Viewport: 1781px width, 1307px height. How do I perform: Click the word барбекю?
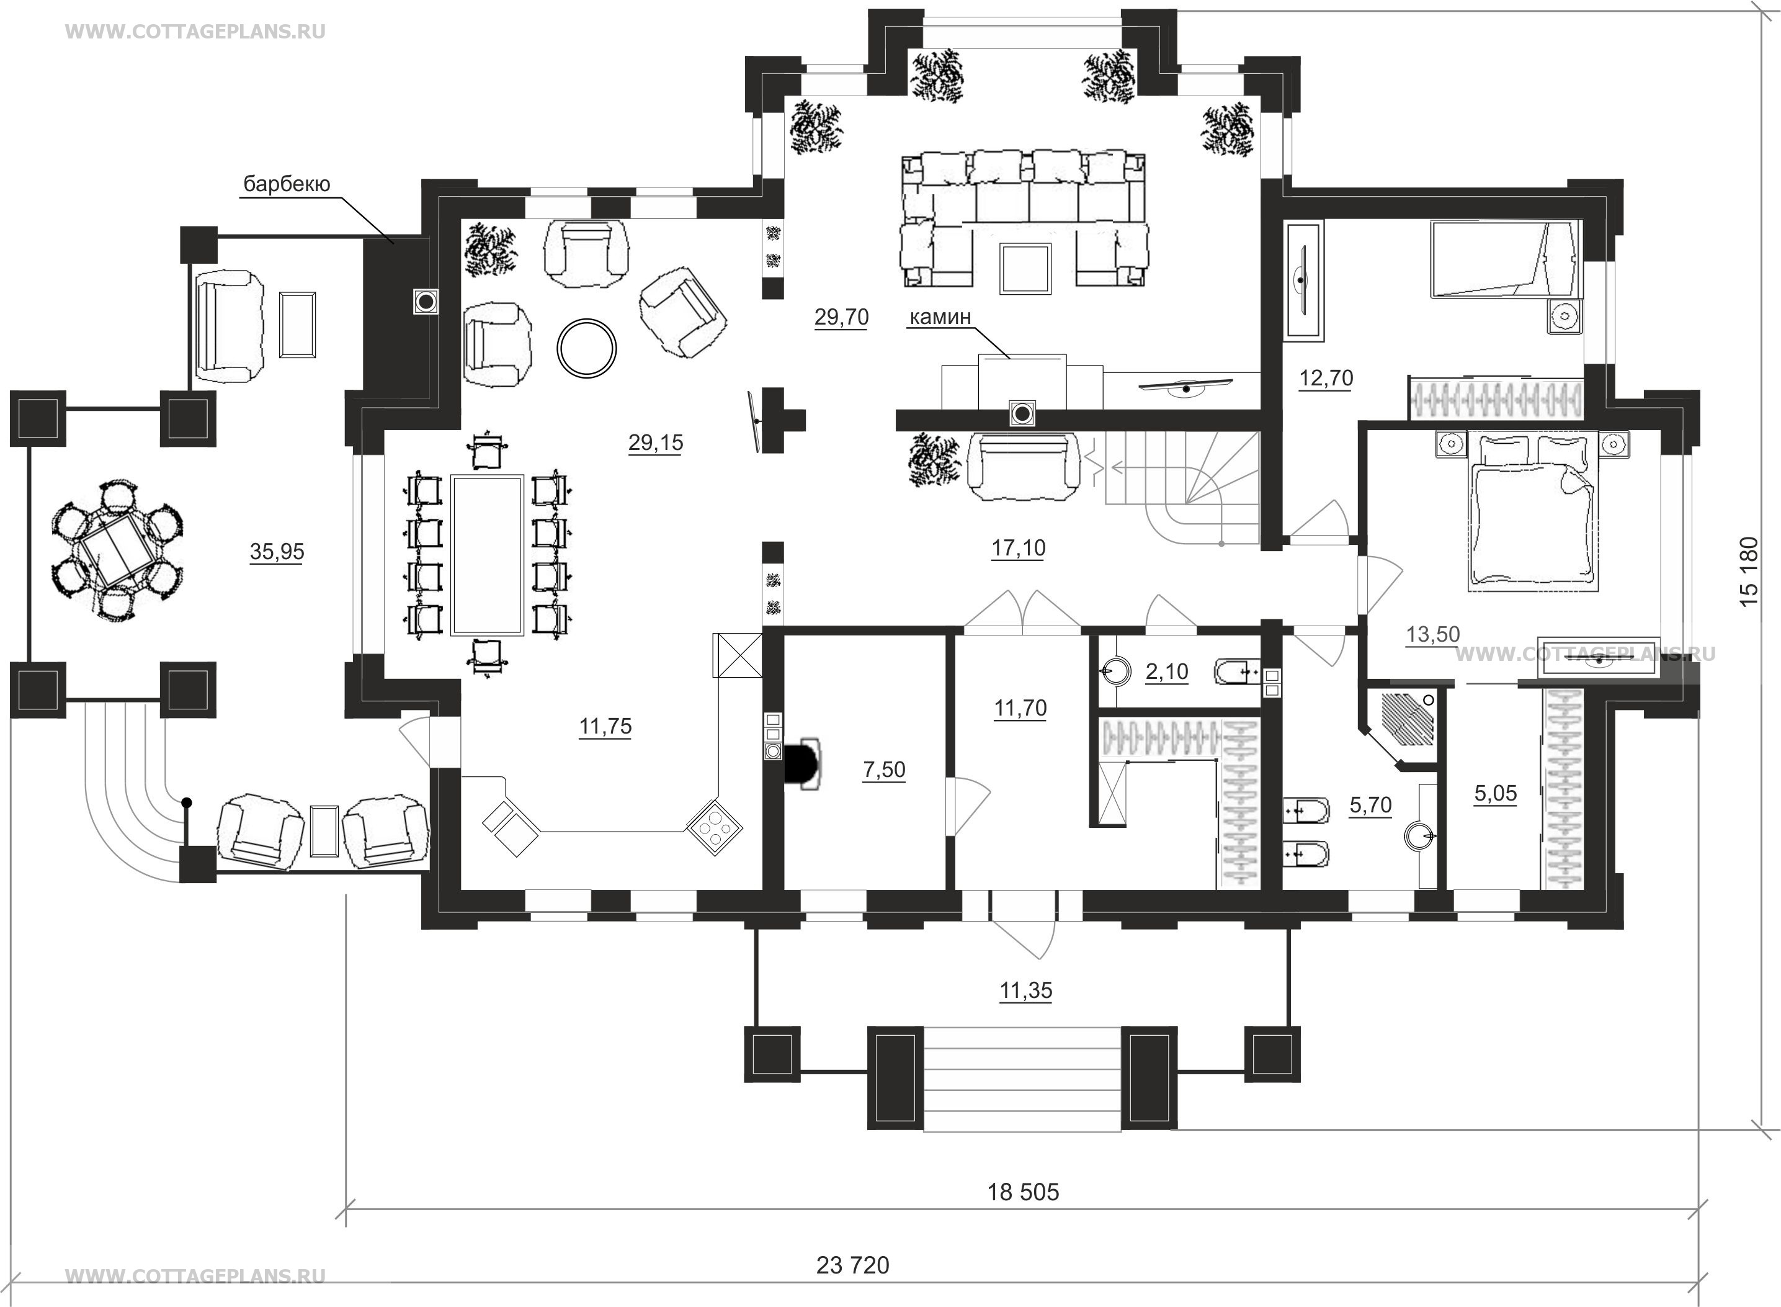[x=287, y=185]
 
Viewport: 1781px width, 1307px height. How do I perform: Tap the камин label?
[x=940, y=317]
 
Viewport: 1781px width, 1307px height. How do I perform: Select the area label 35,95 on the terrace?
[x=277, y=552]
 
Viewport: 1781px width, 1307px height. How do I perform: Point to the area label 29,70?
[x=841, y=317]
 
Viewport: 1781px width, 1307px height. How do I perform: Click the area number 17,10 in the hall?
[x=1019, y=547]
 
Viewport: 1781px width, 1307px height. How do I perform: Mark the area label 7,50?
[x=884, y=770]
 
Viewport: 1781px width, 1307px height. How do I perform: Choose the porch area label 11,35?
[x=1026, y=990]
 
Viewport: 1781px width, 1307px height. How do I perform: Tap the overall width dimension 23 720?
[x=852, y=1266]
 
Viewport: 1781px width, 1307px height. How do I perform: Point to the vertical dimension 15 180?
[x=1749, y=571]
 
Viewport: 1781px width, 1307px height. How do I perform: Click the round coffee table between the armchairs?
[x=586, y=348]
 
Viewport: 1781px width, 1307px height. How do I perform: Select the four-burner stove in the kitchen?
[x=714, y=827]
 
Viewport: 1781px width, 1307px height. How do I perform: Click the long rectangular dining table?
[x=487, y=555]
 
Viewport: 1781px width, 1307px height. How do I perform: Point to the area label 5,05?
[x=1496, y=794]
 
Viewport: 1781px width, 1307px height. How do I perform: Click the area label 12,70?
[x=1326, y=378]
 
